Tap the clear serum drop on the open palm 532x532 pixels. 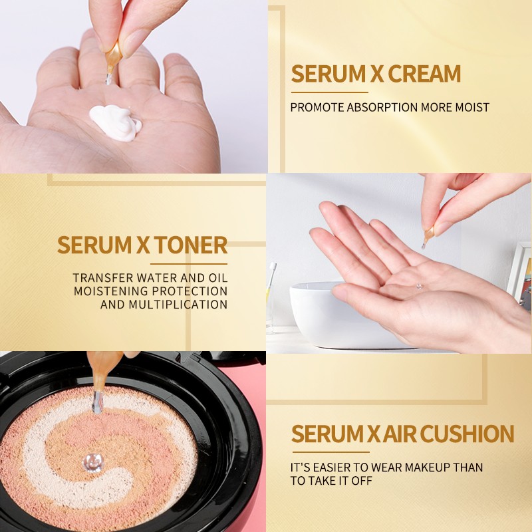(x=420, y=287)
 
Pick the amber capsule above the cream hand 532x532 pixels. (x=114, y=57)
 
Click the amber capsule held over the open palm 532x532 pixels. (x=429, y=234)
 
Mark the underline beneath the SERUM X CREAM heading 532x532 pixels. (x=329, y=92)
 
